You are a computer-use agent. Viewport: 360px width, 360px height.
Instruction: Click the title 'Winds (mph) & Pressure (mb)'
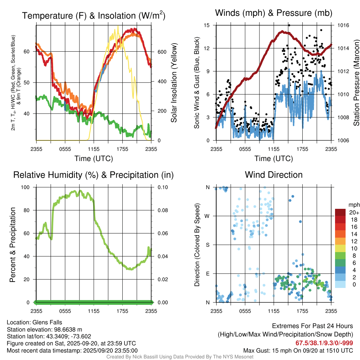click(x=274, y=13)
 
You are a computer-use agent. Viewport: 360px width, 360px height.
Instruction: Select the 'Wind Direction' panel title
click(x=274, y=175)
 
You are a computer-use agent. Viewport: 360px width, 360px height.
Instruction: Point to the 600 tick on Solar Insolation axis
click(x=161, y=52)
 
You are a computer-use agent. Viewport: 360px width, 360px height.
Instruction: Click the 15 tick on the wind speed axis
click(x=207, y=25)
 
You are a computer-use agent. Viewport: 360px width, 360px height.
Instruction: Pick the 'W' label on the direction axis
click(x=207, y=216)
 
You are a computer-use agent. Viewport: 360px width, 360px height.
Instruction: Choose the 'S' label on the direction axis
click(x=207, y=245)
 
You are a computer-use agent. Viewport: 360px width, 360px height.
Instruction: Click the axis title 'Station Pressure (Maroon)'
click(x=356, y=83)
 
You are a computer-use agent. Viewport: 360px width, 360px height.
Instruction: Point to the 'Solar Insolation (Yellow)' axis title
click(x=174, y=83)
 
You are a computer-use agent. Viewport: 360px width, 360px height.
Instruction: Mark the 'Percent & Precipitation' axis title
click(x=12, y=245)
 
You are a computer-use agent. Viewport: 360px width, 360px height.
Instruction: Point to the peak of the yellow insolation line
click(x=118, y=26)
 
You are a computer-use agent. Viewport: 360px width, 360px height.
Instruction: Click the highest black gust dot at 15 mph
click(x=289, y=25)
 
